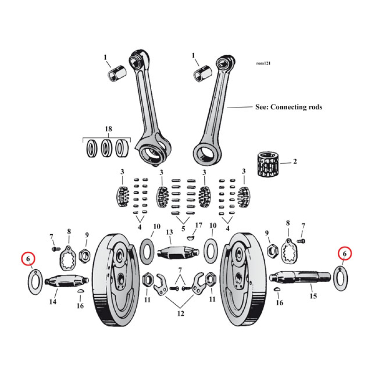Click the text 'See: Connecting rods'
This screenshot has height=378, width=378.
click(288, 107)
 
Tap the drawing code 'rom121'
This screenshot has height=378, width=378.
click(263, 63)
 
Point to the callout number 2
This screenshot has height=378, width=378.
click(295, 162)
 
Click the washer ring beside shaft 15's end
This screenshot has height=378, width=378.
click(341, 278)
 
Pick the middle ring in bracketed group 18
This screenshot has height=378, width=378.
click(106, 149)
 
